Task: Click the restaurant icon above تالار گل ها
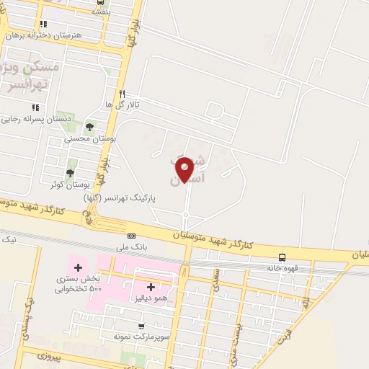(122, 94)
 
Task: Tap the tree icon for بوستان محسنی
(89, 127)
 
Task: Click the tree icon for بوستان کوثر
(70, 172)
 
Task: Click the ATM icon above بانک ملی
(131, 236)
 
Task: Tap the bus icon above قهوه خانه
(282, 257)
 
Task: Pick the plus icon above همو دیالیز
(150, 287)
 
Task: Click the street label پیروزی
(50, 356)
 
